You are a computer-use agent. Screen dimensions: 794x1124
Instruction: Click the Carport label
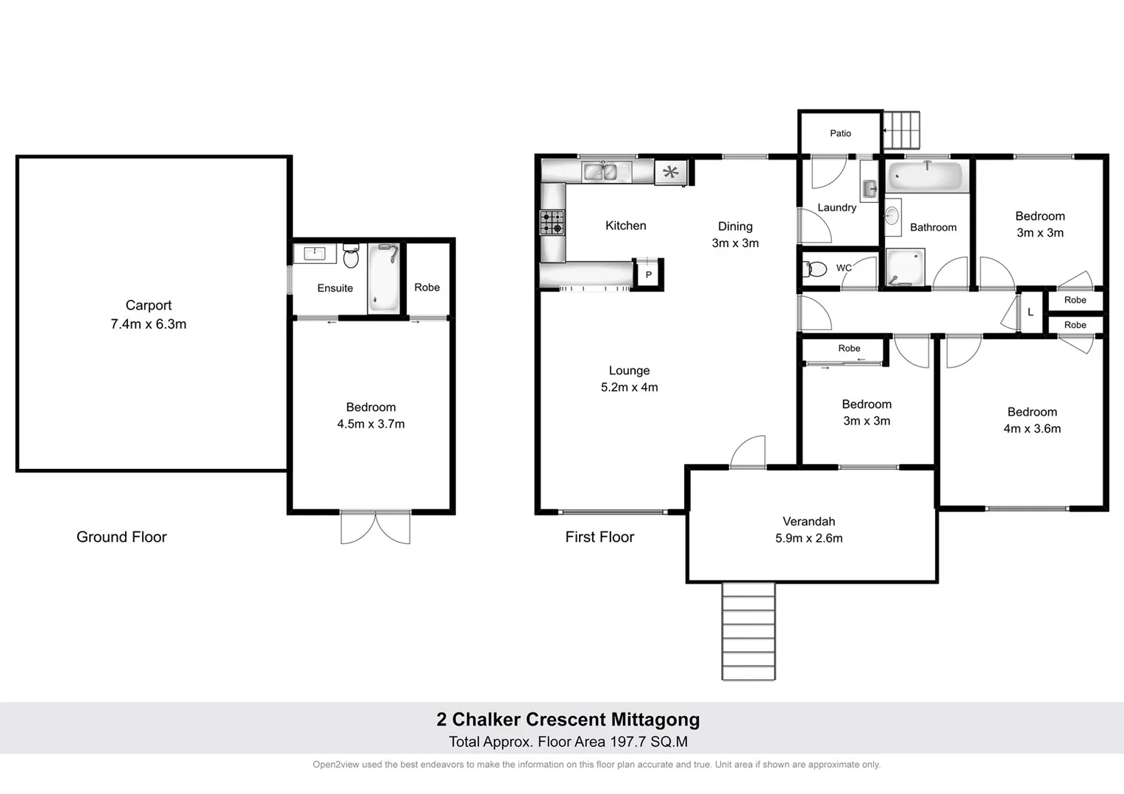pyautogui.click(x=148, y=305)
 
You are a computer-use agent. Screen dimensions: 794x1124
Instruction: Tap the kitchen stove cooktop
pyautogui.click(x=552, y=222)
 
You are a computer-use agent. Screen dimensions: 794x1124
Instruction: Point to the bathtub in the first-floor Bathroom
pyautogui.click(x=925, y=176)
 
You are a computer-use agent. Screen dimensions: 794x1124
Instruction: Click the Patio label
pyautogui.click(x=840, y=133)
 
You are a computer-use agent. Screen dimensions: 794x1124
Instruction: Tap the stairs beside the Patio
pyautogui.click(x=901, y=131)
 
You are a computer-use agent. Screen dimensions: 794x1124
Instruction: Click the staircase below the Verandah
pyautogui.click(x=748, y=631)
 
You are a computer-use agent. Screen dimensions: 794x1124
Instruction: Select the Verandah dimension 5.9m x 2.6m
pyautogui.click(x=808, y=538)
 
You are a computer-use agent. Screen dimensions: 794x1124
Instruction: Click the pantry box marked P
pyautogui.click(x=648, y=274)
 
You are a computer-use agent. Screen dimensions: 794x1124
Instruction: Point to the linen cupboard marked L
pyautogui.click(x=1030, y=312)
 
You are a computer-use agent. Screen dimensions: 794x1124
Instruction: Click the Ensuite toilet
pyautogui.click(x=351, y=257)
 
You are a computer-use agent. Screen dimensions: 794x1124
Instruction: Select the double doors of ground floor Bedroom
pyautogui.click(x=375, y=527)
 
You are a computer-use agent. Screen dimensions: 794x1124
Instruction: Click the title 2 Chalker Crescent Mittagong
pyautogui.click(x=568, y=719)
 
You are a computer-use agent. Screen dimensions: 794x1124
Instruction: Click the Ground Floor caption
pyautogui.click(x=121, y=537)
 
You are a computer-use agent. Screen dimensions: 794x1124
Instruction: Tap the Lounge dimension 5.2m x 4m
pyautogui.click(x=629, y=387)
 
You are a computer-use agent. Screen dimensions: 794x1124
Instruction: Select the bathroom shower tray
pyautogui.click(x=905, y=268)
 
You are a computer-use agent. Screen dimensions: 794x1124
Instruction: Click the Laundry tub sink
pyautogui.click(x=869, y=188)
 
